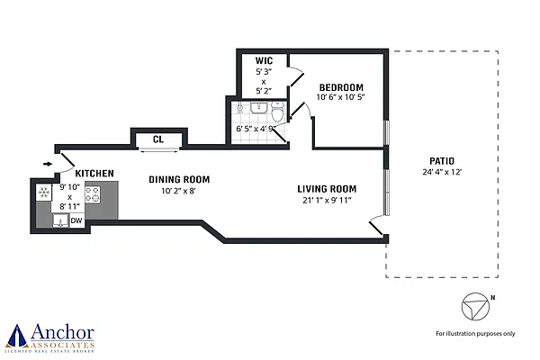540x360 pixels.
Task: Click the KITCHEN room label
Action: click(x=94, y=173)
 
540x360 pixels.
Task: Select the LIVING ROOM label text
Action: click(x=328, y=189)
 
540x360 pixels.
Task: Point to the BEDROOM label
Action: click(x=341, y=87)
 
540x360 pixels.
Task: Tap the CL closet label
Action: click(x=157, y=139)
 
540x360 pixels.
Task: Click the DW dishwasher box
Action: click(x=76, y=220)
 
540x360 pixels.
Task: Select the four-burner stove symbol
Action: click(x=93, y=193)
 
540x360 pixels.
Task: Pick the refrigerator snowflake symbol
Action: click(x=43, y=193)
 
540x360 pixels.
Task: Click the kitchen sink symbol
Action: click(x=59, y=221)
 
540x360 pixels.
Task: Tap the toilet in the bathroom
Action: click(x=276, y=112)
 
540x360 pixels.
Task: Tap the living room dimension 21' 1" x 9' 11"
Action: click(x=328, y=201)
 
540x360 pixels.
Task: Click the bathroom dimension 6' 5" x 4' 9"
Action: click(x=254, y=130)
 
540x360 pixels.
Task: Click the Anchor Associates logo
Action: click(x=49, y=336)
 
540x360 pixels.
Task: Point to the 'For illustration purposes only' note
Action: click(x=475, y=333)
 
